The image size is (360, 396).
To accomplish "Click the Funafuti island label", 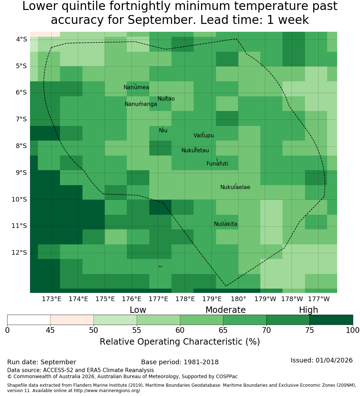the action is (217, 164).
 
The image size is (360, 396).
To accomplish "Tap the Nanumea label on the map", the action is (136, 87).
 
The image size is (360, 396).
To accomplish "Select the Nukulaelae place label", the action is (235, 187).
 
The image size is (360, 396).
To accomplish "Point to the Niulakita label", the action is (225, 224).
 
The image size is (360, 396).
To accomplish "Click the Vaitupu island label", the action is (204, 135).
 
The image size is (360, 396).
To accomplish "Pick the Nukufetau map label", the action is (195, 151).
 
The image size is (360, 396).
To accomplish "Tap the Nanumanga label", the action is (141, 104).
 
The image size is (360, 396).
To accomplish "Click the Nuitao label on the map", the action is (166, 99).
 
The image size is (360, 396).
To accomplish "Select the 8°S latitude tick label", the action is (21, 146).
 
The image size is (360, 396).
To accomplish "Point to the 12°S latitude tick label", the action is (19, 253).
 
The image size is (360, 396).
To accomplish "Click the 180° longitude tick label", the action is (239, 299).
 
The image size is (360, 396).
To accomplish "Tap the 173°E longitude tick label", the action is (51, 299).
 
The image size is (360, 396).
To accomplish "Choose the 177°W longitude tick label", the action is (319, 299).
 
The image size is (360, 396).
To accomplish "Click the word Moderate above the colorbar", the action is (225, 310).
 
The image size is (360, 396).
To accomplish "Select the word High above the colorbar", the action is (309, 310).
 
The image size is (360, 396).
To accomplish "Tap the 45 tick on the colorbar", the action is (50, 330).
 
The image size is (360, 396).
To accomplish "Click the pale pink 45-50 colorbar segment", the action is (72, 320).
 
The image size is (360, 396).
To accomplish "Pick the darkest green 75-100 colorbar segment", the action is (331, 320).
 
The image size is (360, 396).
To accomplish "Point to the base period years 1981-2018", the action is (201, 362).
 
